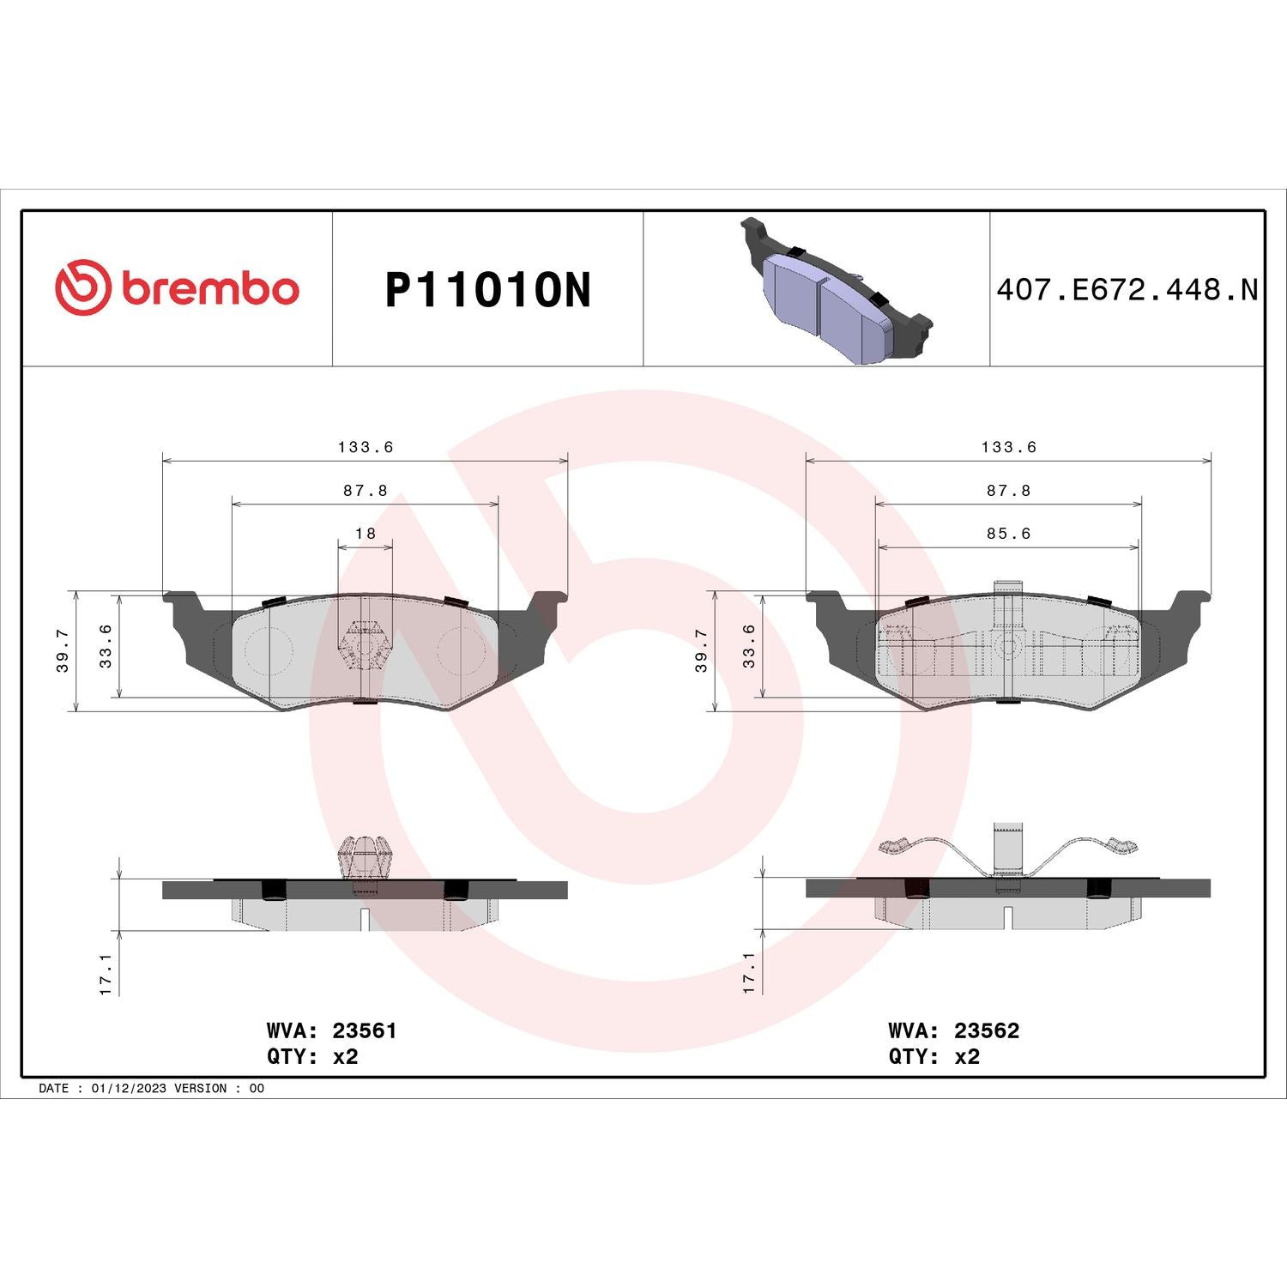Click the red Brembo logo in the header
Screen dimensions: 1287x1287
177,287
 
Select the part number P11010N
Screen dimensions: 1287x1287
487,290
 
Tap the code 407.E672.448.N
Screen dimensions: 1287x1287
1127,290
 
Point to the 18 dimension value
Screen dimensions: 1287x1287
366,534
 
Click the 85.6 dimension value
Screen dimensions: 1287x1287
1008,534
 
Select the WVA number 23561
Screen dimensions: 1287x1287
365,1030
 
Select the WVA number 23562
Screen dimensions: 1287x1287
987,1030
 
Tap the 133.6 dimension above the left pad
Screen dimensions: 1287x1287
366,447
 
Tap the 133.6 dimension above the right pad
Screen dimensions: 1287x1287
1009,447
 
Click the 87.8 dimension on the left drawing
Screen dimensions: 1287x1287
366,491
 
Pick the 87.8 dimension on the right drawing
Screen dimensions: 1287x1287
1008,491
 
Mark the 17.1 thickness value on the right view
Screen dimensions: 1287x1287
749,973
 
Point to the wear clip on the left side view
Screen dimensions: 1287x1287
365,858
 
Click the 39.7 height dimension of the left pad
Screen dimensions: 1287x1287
63,650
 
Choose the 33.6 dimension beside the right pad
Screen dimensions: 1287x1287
749,646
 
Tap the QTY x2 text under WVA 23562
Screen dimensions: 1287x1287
934,1057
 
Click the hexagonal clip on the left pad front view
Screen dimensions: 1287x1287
365,646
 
